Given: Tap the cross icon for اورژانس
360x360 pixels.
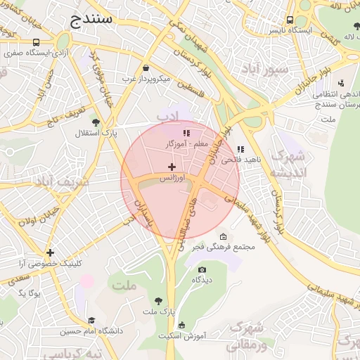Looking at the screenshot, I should [x=172, y=167].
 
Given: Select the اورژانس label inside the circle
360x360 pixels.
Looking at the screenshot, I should [x=172, y=179].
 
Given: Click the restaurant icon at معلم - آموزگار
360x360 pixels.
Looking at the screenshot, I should [x=186, y=132].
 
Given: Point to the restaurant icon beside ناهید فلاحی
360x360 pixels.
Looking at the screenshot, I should [x=241, y=149].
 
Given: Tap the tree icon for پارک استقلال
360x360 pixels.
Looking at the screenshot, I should [x=96, y=122].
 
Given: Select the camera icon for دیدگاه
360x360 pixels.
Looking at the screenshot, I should [x=202, y=269].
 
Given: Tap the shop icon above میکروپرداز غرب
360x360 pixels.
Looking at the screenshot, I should [x=146, y=68].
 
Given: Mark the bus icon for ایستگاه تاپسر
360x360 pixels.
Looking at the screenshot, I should [x=290, y=20].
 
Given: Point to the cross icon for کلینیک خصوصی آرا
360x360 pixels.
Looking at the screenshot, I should [x=50, y=252].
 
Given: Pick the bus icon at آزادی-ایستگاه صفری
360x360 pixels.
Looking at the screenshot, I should [x=36, y=42].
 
